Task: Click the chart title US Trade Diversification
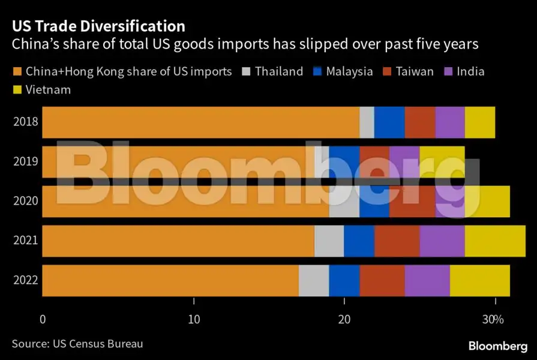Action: (98, 26)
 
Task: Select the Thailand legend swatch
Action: (246, 71)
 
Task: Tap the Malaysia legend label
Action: (349, 71)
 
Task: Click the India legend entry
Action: (470, 71)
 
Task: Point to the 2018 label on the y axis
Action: (26, 122)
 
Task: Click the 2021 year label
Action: (26, 241)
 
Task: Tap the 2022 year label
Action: (26, 280)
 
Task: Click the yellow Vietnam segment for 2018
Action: (479, 122)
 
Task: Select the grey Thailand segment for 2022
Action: (314, 280)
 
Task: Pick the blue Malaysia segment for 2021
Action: (359, 241)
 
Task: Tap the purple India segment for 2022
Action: (427, 280)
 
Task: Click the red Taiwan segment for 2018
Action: (419, 122)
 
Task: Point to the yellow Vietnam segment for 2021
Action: (494, 241)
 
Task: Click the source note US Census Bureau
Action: (77, 344)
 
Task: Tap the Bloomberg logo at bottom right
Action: (497, 346)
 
